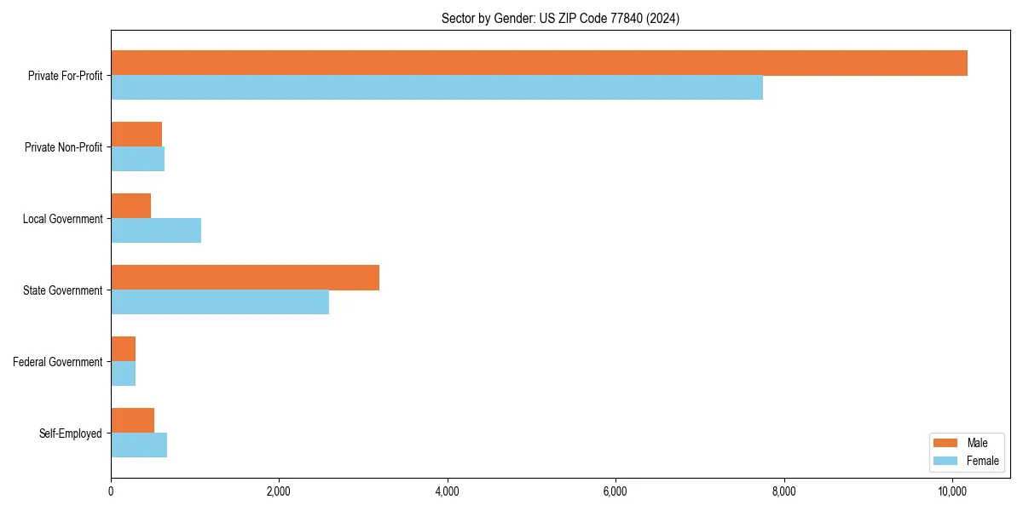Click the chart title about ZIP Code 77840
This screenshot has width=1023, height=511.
click(x=560, y=18)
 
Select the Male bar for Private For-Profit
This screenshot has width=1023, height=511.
click(x=539, y=63)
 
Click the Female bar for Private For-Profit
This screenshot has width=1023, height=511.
click(x=436, y=88)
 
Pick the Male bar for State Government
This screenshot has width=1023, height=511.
click(x=245, y=278)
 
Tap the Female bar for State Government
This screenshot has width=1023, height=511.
click(x=220, y=302)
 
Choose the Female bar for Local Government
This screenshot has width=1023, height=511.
click(x=156, y=231)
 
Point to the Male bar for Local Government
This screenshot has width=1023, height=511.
click(x=130, y=206)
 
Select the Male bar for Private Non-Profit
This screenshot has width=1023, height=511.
click(x=136, y=135)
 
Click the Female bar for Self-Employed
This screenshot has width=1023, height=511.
click(x=139, y=445)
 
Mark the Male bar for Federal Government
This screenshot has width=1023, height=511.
click(x=123, y=349)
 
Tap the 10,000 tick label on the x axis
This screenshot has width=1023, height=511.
click(x=951, y=491)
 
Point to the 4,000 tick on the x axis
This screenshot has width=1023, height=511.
click(x=447, y=491)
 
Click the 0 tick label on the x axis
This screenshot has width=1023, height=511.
click(x=111, y=491)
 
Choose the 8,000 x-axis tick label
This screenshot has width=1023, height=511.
click(x=783, y=491)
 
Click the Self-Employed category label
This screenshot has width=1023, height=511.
click(x=71, y=433)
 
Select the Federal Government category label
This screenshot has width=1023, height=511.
click(x=58, y=362)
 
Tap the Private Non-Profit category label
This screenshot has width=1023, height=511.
click(x=63, y=147)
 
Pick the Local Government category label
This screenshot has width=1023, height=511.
click(x=62, y=219)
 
